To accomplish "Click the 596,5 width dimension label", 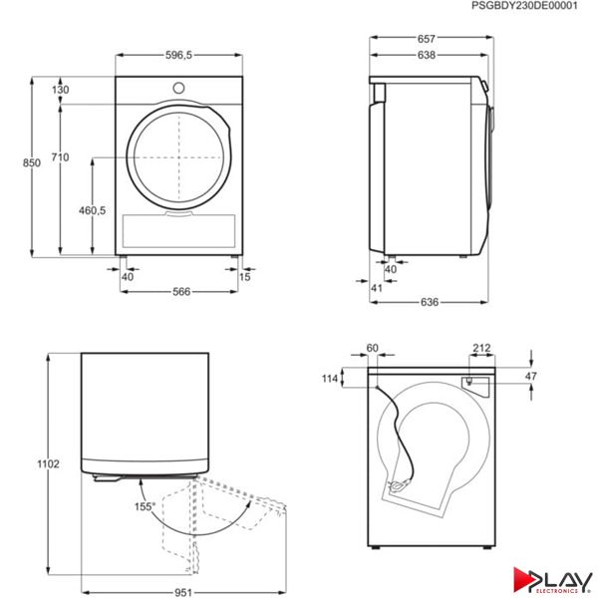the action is tap(178, 55).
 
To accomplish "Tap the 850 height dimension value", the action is tap(32, 162).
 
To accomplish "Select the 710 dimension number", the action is tap(60, 157).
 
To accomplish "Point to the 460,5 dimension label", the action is tap(93, 210).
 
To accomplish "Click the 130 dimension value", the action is tap(61, 90).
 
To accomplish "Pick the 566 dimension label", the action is tap(181, 292).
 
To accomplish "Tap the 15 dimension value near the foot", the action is tap(245, 277).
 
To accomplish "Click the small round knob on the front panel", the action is tap(178, 88).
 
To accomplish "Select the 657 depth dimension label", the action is tap(426, 39).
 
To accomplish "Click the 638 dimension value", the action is tap(426, 55).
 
